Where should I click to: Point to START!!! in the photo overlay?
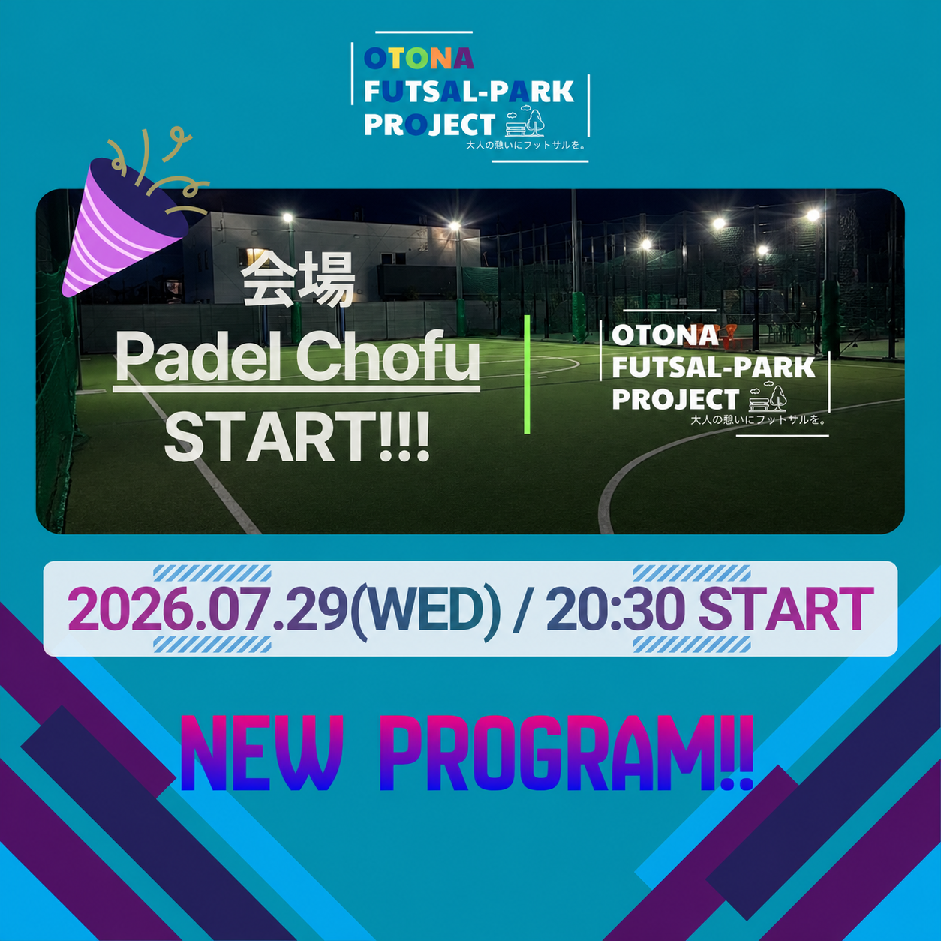(296, 437)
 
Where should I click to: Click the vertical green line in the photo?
(527, 374)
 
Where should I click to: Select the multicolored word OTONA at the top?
(419, 59)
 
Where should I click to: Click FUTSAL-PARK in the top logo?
(469, 92)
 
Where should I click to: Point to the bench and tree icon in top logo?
(525, 122)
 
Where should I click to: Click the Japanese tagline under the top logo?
(526, 145)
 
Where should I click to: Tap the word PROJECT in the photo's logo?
(675, 399)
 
